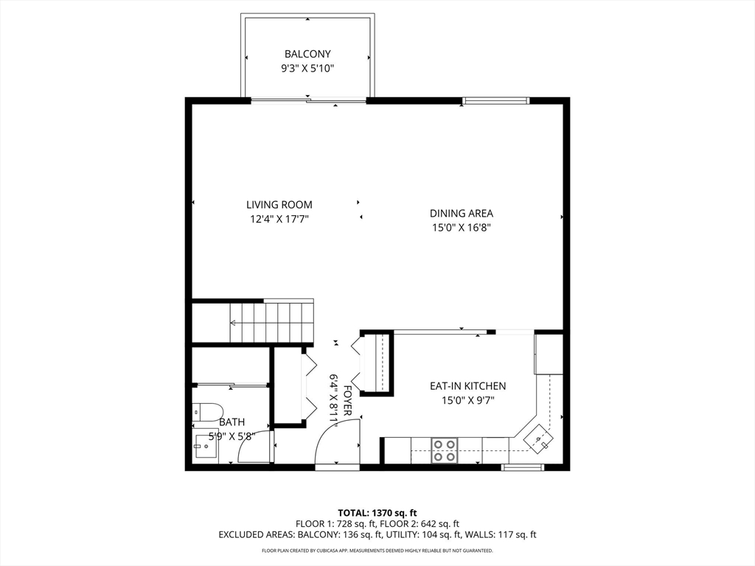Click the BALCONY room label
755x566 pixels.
pyautogui.click(x=307, y=54)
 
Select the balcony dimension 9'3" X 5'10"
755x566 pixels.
pyautogui.click(x=307, y=69)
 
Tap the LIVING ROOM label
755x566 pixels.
pyautogui.click(x=279, y=205)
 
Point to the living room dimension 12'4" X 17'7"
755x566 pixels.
pyautogui.click(x=279, y=219)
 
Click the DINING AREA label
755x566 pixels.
pyautogui.click(x=462, y=214)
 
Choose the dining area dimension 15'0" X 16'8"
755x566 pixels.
pyautogui.click(x=462, y=228)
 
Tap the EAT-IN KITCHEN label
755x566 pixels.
pyautogui.click(x=467, y=386)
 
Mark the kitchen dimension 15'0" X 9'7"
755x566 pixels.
pyautogui.click(x=467, y=400)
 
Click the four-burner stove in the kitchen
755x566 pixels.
pyautogui.click(x=445, y=450)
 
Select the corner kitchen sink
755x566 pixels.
pyautogui.click(x=539, y=439)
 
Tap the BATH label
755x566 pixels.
pyautogui.click(x=232, y=423)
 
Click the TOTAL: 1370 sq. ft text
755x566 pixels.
pyautogui.click(x=377, y=512)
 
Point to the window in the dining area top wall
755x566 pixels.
pyautogui.click(x=496, y=100)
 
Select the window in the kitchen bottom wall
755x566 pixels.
pyautogui.click(x=523, y=467)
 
